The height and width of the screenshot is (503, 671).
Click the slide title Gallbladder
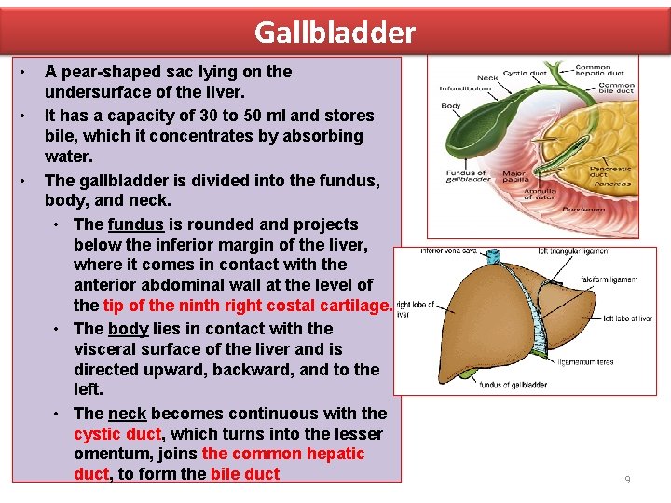(x=335, y=34)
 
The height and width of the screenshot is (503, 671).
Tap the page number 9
(x=627, y=480)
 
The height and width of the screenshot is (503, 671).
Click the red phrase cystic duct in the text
(x=116, y=433)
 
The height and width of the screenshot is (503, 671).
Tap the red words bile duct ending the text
(x=245, y=474)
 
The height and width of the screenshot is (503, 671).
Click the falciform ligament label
(x=609, y=279)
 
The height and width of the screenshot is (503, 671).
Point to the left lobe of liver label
(x=627, y=319)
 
